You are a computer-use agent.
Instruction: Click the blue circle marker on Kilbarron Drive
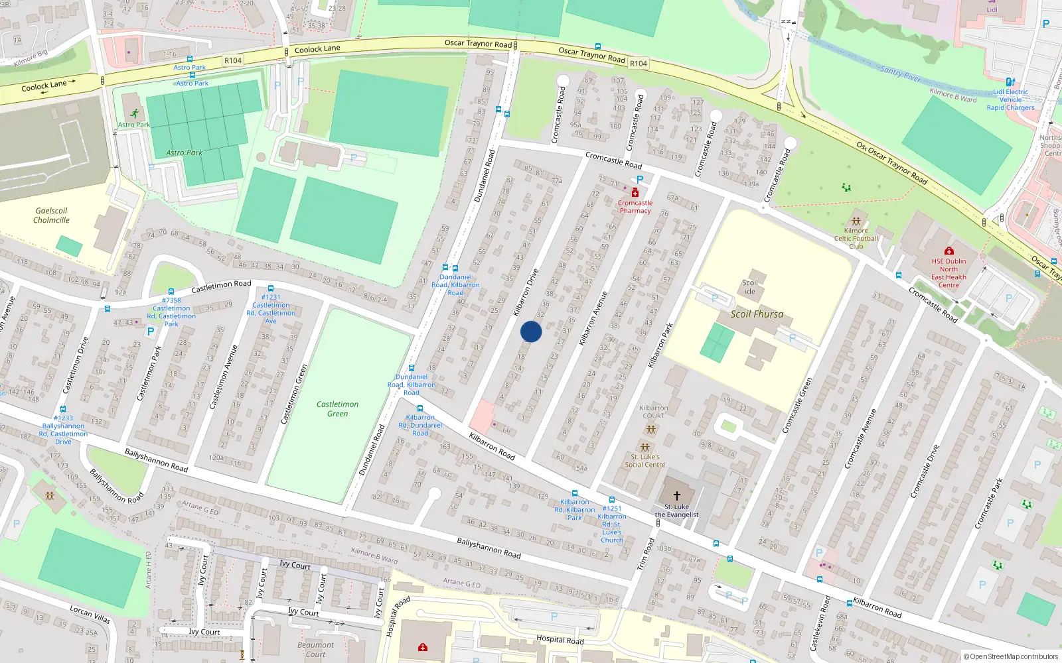tap(531, 331)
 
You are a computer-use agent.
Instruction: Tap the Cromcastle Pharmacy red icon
tap(635, 192)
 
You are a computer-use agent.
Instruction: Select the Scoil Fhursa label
tap(757, 314)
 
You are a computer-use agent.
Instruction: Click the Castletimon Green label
tap(337, 409)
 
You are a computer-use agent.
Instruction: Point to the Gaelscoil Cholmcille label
tap(51, 215)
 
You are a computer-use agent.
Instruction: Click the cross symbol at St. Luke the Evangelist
tap(677, 495)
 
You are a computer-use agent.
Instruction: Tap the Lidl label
tap(992, 9)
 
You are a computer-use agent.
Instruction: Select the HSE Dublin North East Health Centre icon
tap(948, 251)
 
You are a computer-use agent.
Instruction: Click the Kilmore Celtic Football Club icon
tap(856, 221)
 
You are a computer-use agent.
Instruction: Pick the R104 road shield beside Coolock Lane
tap(233, 60)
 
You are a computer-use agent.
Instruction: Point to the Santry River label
tap(900, 73)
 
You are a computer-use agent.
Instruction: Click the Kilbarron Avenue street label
tap(593, 318)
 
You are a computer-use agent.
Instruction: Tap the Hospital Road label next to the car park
tap(560, 640)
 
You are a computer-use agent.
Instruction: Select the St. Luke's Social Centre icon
tap(645, 448)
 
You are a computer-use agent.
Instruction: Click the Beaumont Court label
tap(315, 649)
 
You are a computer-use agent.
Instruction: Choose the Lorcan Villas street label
tap(90, 614)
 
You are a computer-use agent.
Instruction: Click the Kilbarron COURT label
tap(653, 412)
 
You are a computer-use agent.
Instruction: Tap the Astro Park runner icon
tap(135, 114)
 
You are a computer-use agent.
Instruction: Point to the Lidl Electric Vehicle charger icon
tap(1010, 82)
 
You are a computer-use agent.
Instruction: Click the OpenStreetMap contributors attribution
tap(1010, 657)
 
